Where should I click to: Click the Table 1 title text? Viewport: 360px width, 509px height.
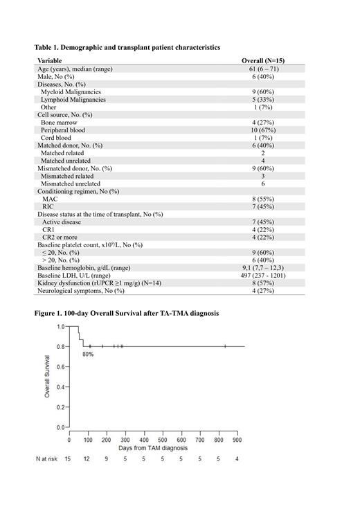[127, 47]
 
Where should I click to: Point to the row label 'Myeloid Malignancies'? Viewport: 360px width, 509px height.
[71, 91]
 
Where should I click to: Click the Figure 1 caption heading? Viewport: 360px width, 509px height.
[126, 313]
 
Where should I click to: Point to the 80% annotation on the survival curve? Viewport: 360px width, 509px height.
[88, 354]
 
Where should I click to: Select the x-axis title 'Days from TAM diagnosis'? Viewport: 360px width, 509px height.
[154, 449]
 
